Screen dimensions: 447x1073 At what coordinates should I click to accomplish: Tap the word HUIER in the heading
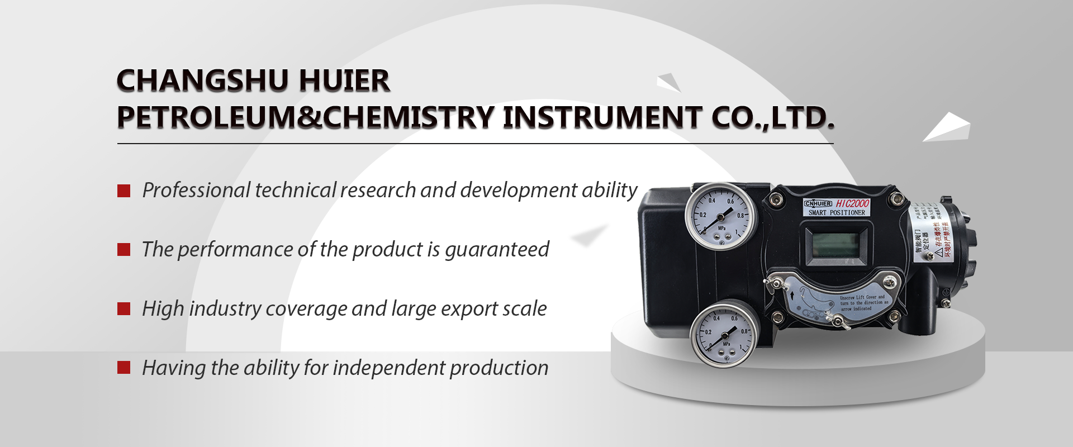344,81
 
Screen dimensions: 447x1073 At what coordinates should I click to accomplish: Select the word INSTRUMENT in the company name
602,118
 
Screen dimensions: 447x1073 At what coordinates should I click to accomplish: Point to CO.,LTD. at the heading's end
773,118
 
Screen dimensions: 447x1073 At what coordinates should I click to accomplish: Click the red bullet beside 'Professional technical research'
124,191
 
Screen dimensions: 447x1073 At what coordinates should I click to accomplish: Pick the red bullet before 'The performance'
124,250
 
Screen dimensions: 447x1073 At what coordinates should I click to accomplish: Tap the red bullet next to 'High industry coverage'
124,309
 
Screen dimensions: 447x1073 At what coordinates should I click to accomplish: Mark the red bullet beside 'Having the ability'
124,368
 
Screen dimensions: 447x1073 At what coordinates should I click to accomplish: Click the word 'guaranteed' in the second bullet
497,250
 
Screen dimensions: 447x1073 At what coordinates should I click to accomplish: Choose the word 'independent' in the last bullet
388,368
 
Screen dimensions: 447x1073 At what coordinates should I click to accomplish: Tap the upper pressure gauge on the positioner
720,216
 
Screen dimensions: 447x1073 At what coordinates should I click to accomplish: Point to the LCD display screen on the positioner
836,244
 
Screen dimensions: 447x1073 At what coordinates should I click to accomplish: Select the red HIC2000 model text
853,203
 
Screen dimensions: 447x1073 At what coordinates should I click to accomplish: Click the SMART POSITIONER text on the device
837,213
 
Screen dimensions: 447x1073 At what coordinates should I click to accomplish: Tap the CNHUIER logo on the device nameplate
818,204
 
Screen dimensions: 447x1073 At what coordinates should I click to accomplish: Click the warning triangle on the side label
939,253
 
